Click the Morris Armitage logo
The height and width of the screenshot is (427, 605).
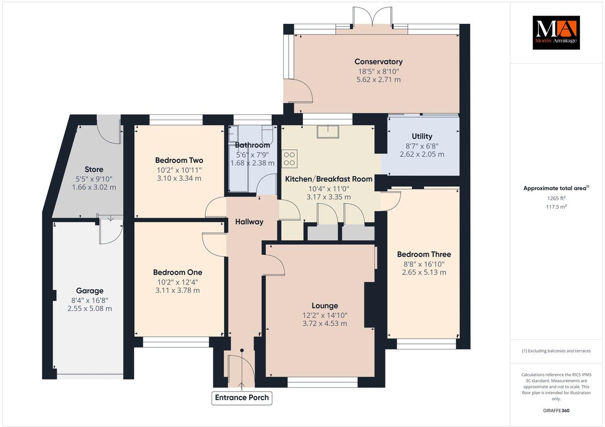click(556, 32)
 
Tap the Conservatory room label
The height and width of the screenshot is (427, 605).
click(378, 62)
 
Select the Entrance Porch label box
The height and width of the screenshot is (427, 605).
click(242, 398)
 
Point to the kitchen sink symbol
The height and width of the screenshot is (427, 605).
click(328, 131)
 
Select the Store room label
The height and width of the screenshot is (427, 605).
click(94, 169)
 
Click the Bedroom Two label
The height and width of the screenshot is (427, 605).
click(179, 160)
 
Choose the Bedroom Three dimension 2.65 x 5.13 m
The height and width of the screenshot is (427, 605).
click(424, 273)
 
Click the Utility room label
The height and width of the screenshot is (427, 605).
click(422, 136)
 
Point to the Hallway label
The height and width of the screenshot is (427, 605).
click(249, 222)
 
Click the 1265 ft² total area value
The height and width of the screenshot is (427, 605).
click(556, 198)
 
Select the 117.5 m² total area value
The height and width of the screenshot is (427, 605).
click(556, 207)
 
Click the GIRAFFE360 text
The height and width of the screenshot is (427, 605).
click(556, 410)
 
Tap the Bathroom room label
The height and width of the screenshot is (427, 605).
click(252, 145)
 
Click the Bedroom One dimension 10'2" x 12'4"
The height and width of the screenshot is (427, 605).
click(177, 282)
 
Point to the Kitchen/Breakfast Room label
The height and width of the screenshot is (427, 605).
click(329, 179)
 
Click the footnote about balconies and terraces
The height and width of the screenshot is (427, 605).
click(556, 351)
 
